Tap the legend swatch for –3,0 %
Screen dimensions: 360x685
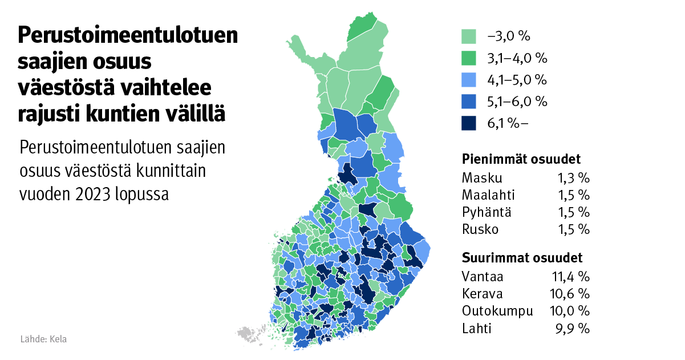click(469, 37)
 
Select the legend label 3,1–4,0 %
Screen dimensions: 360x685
click(517, 58)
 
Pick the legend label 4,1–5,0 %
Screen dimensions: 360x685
click(517, 80)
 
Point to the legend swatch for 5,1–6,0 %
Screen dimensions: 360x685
click(469, 102)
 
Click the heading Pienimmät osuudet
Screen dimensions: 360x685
click(521, 159)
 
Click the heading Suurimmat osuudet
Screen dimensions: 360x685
click(522, 257)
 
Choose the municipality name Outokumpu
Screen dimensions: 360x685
click(497, 312)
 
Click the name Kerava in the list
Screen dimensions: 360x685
click(483, 294)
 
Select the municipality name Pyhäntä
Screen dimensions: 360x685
click(487, 212)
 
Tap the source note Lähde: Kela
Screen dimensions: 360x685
click(43, 339)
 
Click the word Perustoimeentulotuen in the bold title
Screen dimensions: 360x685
click(128, 37)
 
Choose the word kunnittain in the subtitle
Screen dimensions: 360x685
click(153, 170)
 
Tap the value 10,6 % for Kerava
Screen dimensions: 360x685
click(571, 294)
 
